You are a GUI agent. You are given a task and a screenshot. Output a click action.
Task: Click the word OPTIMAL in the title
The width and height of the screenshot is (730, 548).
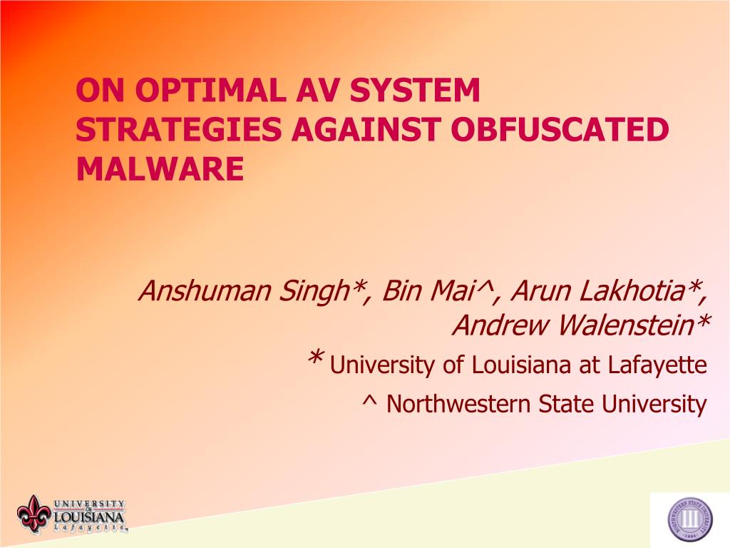(x=210, y=90)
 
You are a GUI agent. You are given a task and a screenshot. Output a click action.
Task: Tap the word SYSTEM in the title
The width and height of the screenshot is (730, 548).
(x=415, y=90)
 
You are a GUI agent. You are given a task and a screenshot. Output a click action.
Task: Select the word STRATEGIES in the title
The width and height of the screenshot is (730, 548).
(x=179, y=129)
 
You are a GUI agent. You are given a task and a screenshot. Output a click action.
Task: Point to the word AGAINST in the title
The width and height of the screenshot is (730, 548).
(x=366, y=129)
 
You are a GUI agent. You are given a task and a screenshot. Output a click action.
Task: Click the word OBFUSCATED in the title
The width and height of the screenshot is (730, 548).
(x=560, y=129)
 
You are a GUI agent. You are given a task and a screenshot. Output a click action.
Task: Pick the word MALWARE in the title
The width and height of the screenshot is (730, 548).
(x=160, y=168)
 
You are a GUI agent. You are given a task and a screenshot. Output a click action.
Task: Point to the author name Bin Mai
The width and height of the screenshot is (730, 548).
(x=435, y=291)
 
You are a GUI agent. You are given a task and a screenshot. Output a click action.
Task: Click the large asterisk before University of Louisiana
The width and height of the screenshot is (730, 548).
(x=315, y=358)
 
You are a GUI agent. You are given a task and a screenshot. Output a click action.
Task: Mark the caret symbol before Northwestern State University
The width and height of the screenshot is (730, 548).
(x=369, y=400)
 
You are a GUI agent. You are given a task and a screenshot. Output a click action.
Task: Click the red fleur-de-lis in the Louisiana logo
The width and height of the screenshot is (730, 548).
(x=34, y=514)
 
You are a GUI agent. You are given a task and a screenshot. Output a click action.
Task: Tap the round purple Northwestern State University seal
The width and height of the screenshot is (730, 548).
(x=690, y=519)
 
